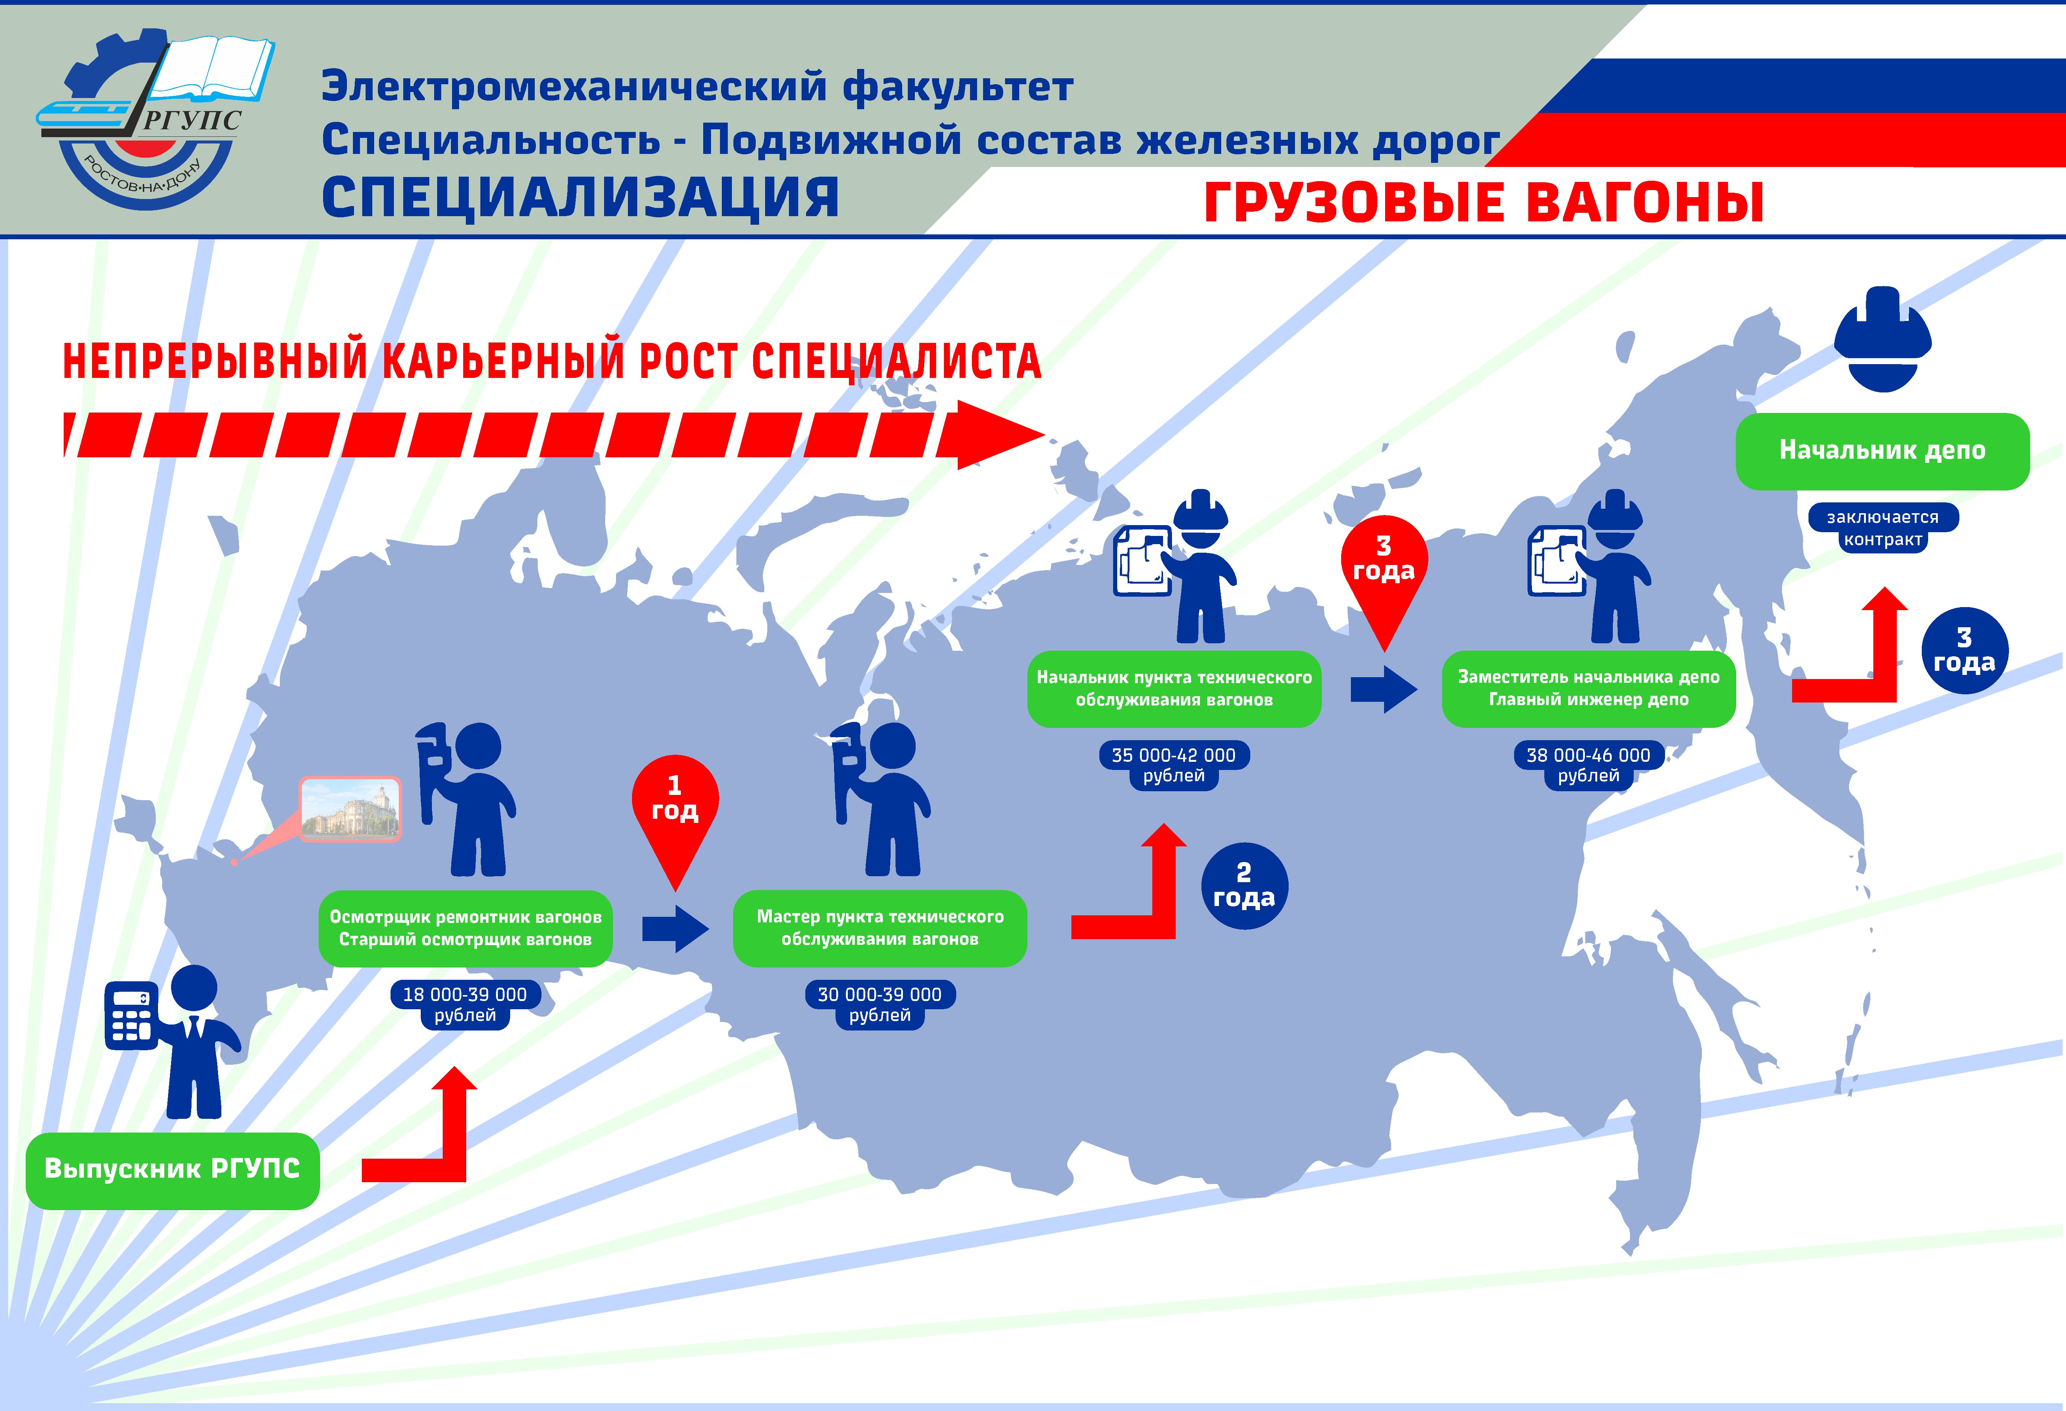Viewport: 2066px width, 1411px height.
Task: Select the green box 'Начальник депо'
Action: pos(1882,451)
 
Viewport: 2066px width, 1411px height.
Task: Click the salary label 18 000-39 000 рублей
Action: pos(465,1005)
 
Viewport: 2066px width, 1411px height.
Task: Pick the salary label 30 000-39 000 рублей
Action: pos(879,1005)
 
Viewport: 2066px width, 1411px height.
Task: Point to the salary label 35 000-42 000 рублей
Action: pos(1173,765)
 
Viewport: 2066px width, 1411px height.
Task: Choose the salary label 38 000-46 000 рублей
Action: pos(1588,765)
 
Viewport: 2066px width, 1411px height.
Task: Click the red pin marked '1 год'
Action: pos(675,805)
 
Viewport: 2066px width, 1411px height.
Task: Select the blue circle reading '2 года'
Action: pos(1244,886)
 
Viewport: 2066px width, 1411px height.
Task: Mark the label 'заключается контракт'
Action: pos(1882,528)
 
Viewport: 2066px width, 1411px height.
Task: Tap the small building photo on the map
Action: pos(350,808)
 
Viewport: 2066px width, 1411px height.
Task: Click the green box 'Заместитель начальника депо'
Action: pos(1588,688)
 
